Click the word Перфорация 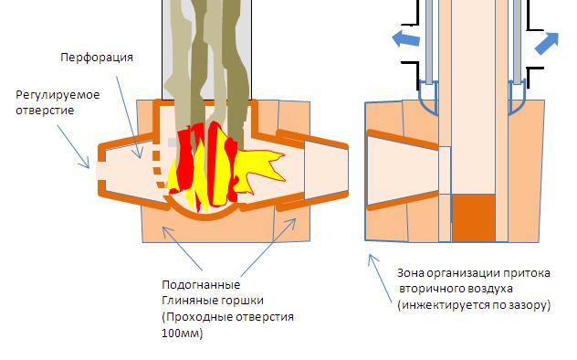coord(97,58)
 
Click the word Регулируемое coord(58,95)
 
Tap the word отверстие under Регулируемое coord(45,110)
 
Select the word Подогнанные coord(201,284)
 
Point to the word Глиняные coord(185,301)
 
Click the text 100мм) coord(183,334)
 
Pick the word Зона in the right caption coord(410,273)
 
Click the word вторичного coord(427,289)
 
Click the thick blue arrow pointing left coord(406,38)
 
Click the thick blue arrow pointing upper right coord(547,43)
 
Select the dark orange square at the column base coord(474,218)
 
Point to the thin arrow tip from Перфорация coord(140,158)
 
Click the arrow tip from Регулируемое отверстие coord(89,168)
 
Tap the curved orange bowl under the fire coord(203,212)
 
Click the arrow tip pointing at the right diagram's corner coord(370,255)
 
